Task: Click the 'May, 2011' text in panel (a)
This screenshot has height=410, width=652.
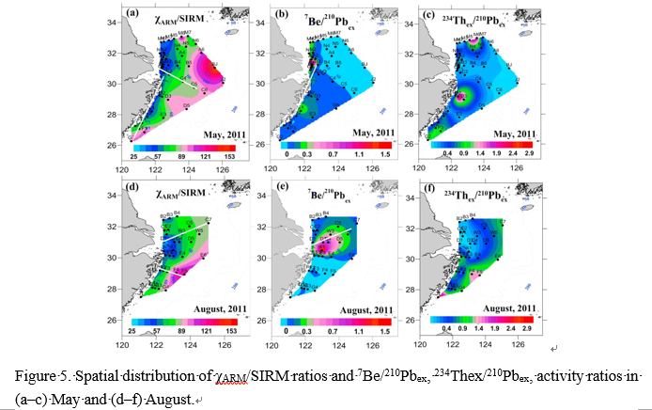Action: (219, 134)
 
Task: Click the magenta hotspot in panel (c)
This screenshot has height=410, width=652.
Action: (462, 95)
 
